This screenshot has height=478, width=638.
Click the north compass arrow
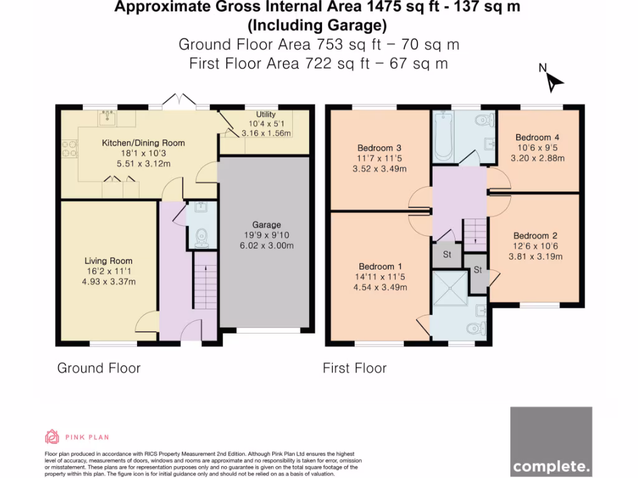point(554,83)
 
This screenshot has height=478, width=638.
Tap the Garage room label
point(267,224)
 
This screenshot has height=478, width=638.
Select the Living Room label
point(108,261)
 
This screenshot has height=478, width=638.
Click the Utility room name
point(265,115)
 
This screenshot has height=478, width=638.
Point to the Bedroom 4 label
point(537,138)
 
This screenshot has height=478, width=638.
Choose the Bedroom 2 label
point(535,236)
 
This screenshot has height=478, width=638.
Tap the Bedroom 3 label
point(379,148)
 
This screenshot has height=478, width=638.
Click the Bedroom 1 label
point(380,266)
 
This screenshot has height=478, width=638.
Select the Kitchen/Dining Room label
point(143,143)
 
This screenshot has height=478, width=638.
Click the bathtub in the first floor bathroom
point(444,136)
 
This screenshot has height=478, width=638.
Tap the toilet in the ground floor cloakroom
point(202,237)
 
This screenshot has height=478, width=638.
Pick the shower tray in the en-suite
point(450,288)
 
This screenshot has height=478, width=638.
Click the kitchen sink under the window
point(107,118)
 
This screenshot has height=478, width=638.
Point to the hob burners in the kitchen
point(69,148)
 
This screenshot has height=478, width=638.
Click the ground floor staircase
point(205,281)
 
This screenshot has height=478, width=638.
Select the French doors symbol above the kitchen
point(179,100)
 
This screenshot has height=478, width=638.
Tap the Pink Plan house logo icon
point(52,436)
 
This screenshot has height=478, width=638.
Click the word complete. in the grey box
point(551,466)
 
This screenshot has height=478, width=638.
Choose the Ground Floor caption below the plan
point(99,368)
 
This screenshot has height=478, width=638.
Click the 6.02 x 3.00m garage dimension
point(267,245)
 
